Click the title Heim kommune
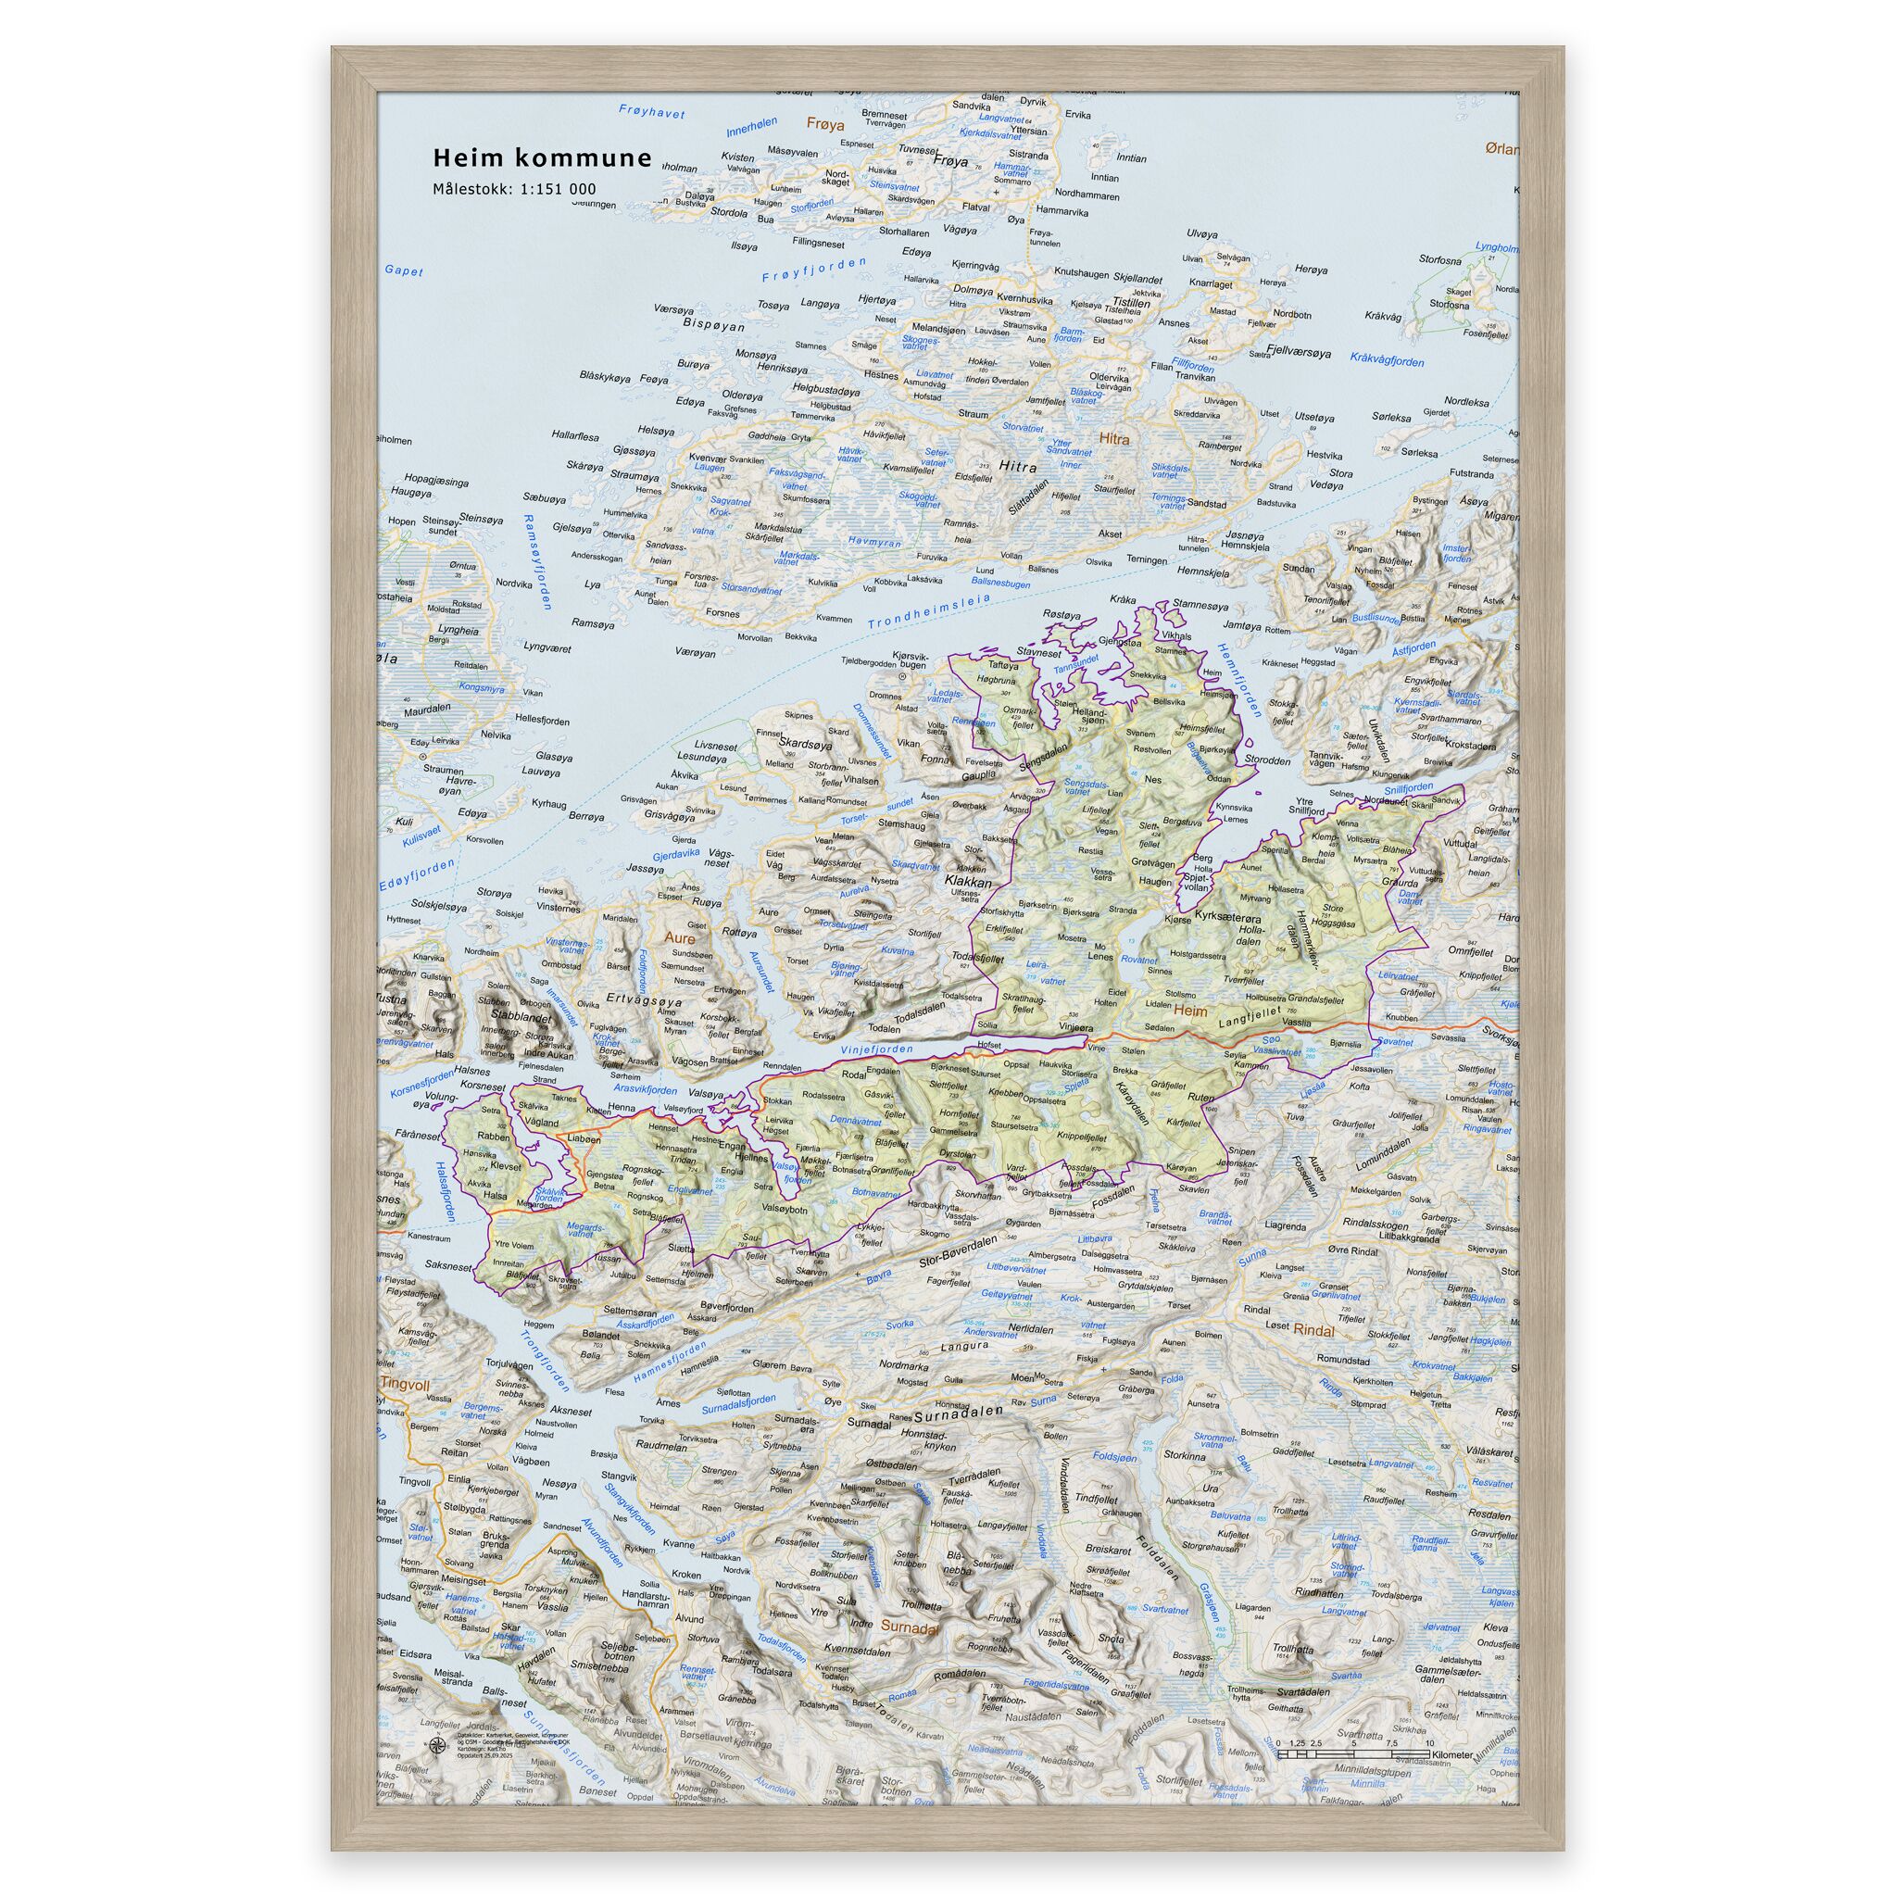[542, 158]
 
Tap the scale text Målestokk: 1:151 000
[513, 190]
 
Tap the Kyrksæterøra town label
[1229, 915]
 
